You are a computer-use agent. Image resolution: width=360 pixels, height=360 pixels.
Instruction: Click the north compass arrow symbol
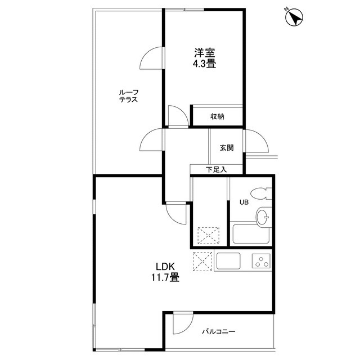pyautogui.click(x=294, y=17)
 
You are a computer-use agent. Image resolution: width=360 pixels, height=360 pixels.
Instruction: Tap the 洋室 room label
pyautogui.click(x=204, y=53)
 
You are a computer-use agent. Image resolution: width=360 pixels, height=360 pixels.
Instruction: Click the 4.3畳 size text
pyautogui.click(x=204, y=64)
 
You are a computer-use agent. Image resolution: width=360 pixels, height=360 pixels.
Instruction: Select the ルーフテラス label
pyautogui.click(x=129, y=96)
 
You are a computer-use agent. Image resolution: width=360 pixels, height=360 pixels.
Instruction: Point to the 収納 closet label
pyautogui.click(x=217, y=116)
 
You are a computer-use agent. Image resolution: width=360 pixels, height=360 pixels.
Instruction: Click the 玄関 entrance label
pyautogui.click(x=227, y=147)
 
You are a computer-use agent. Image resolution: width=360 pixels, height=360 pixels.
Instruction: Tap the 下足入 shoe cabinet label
pyautogui.click(x=216, y=170)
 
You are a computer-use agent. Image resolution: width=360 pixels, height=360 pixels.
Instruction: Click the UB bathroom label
pyautogui.click(x=244, y=202)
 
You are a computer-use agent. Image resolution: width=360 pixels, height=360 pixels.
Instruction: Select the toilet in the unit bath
pyautogui.click(x=261, y=194)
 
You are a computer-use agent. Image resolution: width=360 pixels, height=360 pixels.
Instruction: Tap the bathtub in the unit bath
pyautogui.click(x=251, y=234)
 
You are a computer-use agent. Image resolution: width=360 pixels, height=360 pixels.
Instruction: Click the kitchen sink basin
pyautogui.click(x=228, y=261)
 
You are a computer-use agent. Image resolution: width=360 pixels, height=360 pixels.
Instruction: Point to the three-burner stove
pyautogui.click(x=261, y=261)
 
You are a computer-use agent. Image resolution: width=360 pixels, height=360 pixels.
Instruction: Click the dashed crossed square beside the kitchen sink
pyautogui.click(x=202, y=262)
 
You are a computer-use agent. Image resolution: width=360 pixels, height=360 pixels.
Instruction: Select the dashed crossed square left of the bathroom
pyautogui.click(x=209, y=235)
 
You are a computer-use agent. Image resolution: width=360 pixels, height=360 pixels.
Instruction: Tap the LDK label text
pyautogui.click(x=165, y=267)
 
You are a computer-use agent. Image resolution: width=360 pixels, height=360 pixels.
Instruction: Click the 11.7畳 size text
pyautogui.click(x=165, y=277)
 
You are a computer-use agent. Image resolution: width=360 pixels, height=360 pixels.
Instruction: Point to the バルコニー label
pyautogui.click(x=219, y=331)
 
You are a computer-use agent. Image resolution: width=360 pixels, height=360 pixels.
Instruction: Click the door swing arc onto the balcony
pyautogui.click(x=188, y=327)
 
